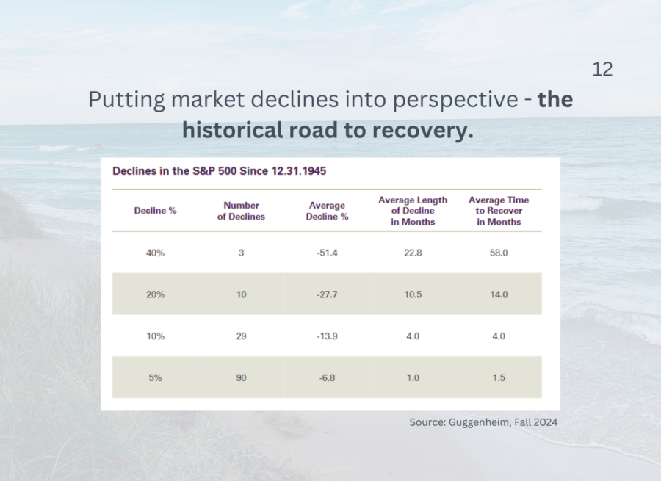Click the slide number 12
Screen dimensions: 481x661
602,70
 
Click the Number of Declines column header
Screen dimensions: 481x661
241,211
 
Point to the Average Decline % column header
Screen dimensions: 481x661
328,211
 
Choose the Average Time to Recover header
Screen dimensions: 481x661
499,211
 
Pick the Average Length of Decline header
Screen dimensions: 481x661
413,211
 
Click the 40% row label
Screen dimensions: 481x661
155,253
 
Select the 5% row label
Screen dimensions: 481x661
155,377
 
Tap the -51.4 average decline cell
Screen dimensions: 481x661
328,253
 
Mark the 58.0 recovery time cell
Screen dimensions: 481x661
499,253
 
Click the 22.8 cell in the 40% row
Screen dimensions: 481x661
413,253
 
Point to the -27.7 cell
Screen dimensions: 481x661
328,294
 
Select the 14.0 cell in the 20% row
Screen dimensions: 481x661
499,294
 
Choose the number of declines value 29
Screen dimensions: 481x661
241,336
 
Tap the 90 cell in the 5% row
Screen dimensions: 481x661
241,377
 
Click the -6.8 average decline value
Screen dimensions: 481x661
328,377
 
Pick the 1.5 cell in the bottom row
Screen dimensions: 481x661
499,377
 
